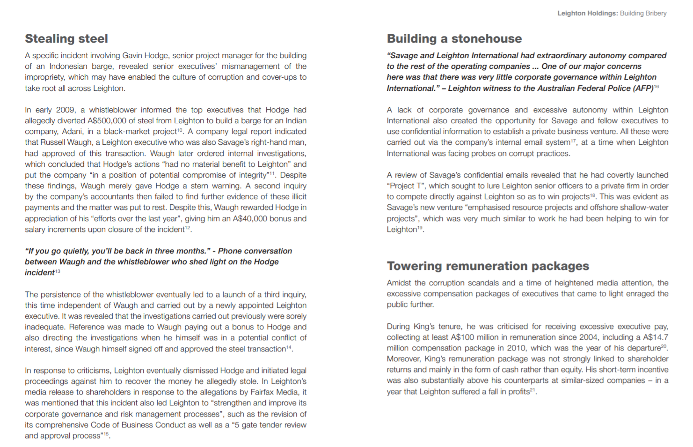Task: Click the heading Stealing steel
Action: click(x=66, y=39)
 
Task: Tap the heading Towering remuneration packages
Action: click(x=488, y=266)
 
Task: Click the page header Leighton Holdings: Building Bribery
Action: click(x=612, y=13)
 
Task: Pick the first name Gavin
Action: click(x=133, y=56)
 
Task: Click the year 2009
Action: click(x=66, y=110)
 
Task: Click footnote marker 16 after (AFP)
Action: click(x=657, y=87)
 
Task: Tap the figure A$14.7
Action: click(x=655, y=337)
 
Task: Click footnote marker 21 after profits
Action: click(x=533, y=390)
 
